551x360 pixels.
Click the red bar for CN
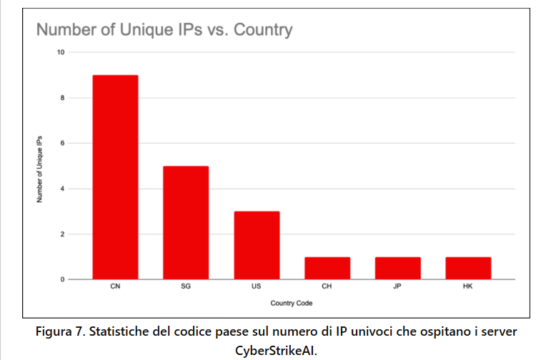[115, 177]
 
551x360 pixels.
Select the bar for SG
[185, 222]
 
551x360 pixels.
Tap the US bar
[257, 245]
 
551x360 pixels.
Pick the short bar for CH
[327, 268]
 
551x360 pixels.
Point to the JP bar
[397, 268]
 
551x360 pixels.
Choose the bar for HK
[468, 268]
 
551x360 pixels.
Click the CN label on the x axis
[115, 287]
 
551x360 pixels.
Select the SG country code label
[185, 287]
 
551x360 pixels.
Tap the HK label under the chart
[468, 287]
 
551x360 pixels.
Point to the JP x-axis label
[397, 287]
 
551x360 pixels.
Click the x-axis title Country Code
[292, 304]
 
